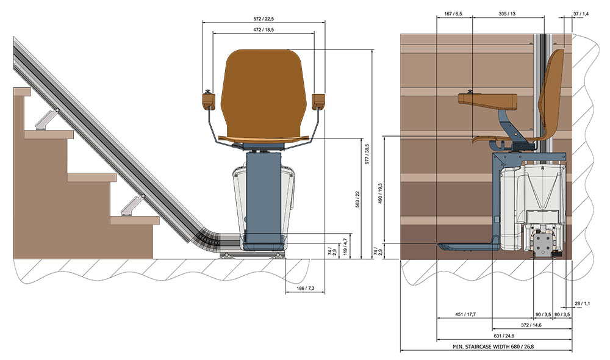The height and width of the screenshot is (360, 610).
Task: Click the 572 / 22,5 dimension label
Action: click(x=264, y=19)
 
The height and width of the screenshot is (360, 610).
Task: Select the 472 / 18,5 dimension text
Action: click(x=264, y=29)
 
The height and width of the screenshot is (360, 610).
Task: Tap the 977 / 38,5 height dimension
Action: click(x=367, y=154)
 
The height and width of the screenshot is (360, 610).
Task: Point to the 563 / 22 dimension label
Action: click(x=357, y=199)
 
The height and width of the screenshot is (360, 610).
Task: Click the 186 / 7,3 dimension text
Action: click(x=306, y=289)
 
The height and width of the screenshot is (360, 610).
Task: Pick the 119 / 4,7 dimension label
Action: click(x=345, y=247)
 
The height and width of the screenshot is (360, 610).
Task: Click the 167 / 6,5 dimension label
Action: click(x=453, y=13)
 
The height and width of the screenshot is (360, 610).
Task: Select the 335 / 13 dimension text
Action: click(x=507, y=13)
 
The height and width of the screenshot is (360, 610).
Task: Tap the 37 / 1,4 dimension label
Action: click(x=581, y=13)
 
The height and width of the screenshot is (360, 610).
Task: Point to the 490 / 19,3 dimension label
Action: click(x=380, y=193)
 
